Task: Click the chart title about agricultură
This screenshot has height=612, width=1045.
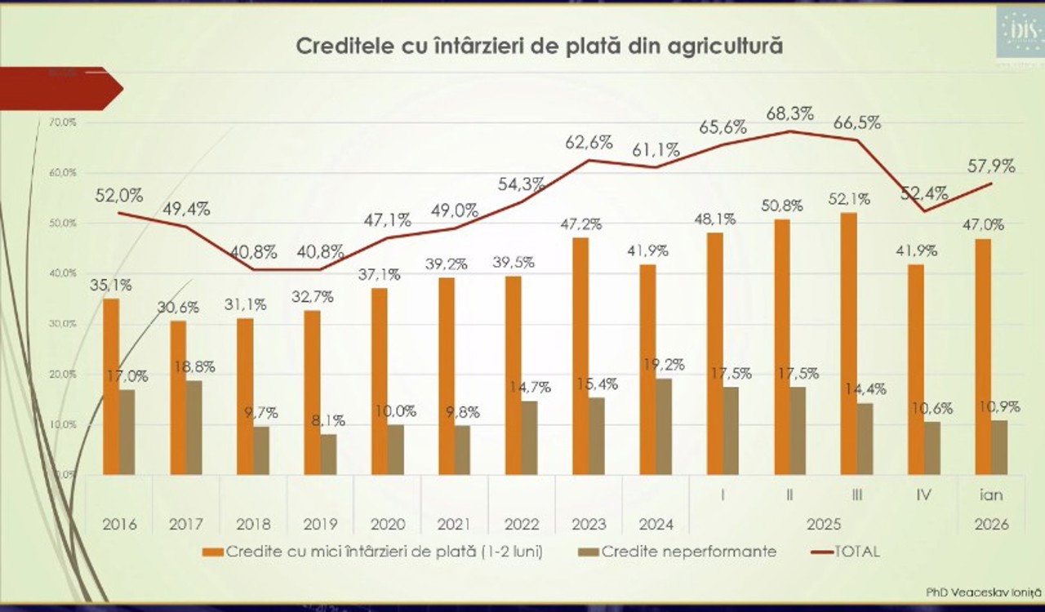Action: (540, 45)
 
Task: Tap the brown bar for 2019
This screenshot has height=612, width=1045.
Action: (328, 454)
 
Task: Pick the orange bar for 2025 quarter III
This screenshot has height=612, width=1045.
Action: (848, 343)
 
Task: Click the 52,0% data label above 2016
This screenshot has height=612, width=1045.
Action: (119, 196)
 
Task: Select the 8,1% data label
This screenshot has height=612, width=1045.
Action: (327, 421)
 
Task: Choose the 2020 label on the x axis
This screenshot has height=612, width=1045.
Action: (387, 524)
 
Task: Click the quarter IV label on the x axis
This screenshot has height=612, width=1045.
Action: (925, 495)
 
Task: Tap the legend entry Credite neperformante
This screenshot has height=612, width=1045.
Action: (688, 552)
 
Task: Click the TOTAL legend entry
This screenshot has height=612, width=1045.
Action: (856, 552)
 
